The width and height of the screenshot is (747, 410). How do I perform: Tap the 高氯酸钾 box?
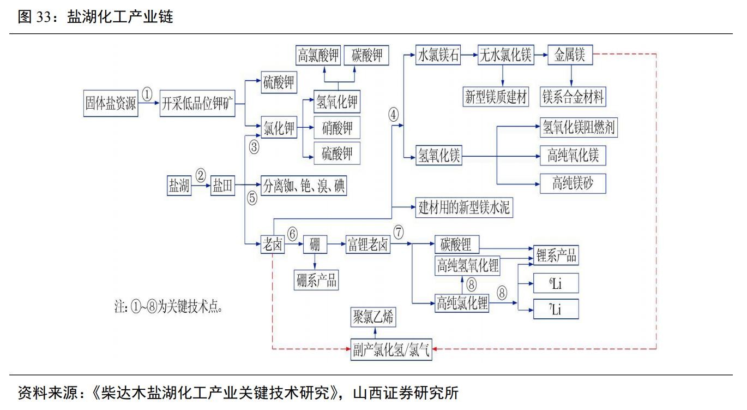click(x=318, y=56)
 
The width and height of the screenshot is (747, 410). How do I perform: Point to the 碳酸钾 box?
click(x=367, y=56)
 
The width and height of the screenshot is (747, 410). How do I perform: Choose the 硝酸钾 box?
click(x=337, y=128)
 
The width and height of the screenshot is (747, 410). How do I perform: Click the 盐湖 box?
click(x=179, y=186)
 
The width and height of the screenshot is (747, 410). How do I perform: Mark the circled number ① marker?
click(x=147, y=94)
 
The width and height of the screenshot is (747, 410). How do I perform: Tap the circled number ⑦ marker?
click(x=399, y=232)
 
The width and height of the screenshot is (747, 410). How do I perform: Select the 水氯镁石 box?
click(x=438, y=55)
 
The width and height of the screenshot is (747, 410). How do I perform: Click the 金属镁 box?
click(x=570, y=55)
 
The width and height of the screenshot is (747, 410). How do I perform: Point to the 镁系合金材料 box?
click(x=573, y=97)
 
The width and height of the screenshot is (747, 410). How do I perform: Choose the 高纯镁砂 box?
click(x=572, y=183)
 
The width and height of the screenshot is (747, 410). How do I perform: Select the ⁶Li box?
click(x=555, y=284)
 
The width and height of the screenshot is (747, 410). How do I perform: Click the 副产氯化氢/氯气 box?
click(x=391, y=350)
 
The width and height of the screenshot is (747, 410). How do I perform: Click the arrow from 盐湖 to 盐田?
click(x=202, y=186)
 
